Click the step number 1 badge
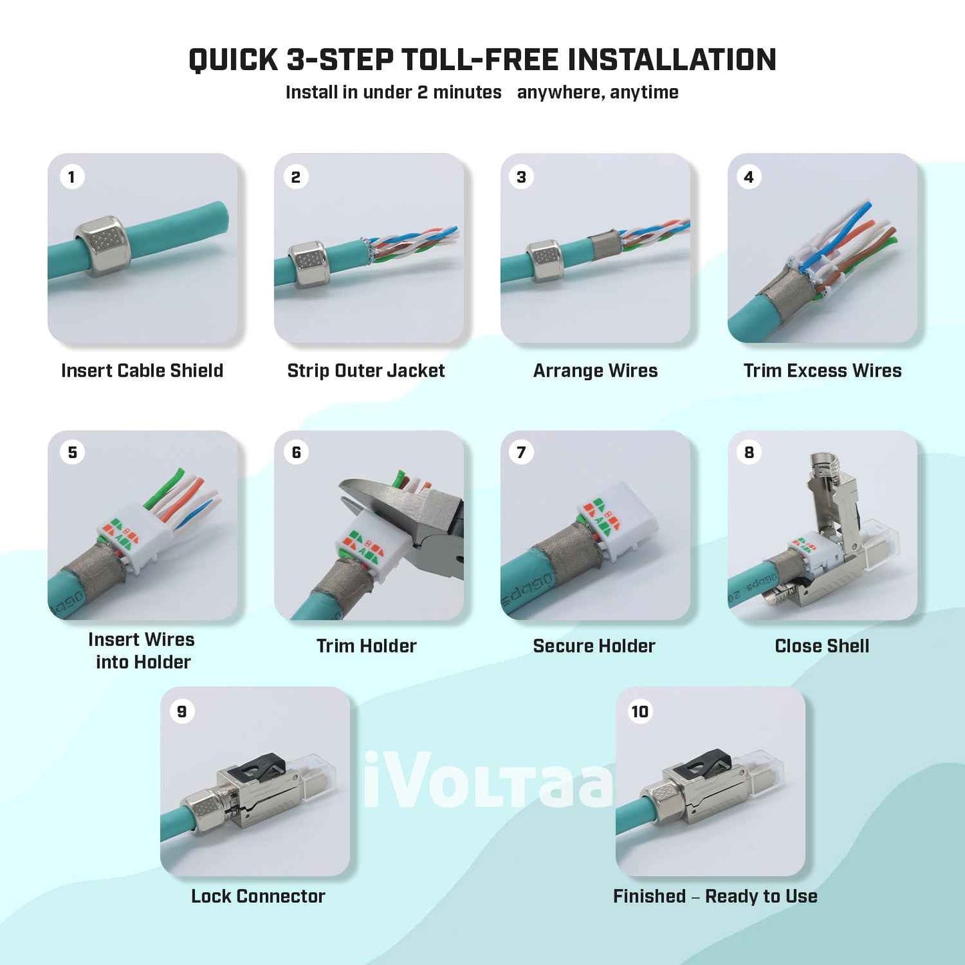[71, 177]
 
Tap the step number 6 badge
[297, 453]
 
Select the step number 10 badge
[640, 712]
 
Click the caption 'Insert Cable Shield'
[142, 371]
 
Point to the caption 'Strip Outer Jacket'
[366, 371]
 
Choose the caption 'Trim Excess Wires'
[822, 371]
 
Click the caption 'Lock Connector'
[258, 896]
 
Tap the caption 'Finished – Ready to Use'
[715, 896]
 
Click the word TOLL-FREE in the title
[479, 60]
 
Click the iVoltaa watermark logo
[488, 780]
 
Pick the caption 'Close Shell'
[821, 646]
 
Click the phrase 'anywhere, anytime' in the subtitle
[597, 92]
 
